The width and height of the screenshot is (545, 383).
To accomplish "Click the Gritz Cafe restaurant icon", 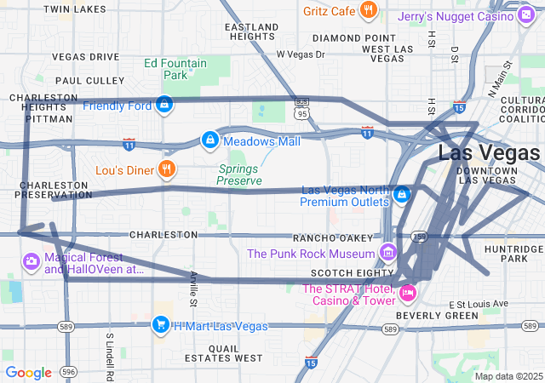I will (368, 10).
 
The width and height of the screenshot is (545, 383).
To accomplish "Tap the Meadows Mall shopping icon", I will (209, 139).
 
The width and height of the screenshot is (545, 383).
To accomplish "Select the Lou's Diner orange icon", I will (167, 169).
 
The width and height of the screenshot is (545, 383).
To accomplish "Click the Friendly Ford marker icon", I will (164, 106).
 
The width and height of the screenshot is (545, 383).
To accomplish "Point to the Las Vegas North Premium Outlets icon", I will (401, 195).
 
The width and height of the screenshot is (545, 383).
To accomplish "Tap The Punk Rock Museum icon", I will (388, 253).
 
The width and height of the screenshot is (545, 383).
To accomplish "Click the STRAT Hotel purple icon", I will (408, 294).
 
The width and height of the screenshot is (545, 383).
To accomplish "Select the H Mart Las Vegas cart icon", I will (159, 324).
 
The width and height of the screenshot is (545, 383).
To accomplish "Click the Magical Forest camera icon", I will (31, 260).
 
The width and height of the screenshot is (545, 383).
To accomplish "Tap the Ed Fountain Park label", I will (175, 69).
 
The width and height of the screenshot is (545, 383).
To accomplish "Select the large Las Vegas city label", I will (488, 153).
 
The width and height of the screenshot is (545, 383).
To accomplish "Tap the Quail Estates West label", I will (223, 353).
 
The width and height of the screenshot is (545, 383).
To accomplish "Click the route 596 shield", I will (68, 371).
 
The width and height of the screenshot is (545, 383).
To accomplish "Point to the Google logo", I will (28, 372).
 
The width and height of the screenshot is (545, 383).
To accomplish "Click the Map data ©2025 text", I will (508, 376).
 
